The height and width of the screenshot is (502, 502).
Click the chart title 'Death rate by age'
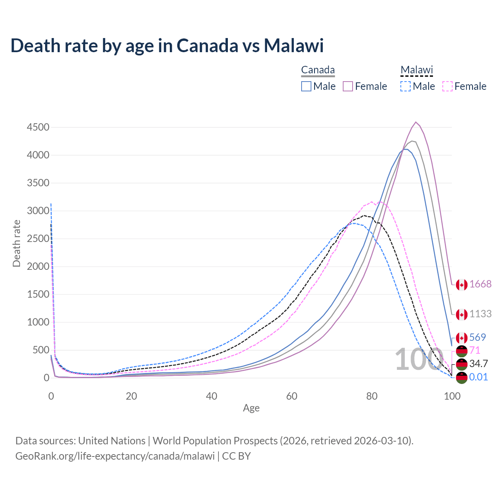pyautogui.click(x=167, y=45)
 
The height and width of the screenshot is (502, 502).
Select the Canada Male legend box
pyautogui.click(x=306, y=86)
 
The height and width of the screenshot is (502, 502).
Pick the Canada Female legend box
pyautogui.click(x=348, y=86)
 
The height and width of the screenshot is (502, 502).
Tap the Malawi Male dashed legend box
pyautogui.click(x=406, y=86)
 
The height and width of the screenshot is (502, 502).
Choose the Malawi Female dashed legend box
pyautogui.click(x=447, y=86)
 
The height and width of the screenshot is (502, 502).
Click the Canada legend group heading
pyautogui.click(x=318, y=70)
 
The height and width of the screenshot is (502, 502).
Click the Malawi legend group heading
pyautogui.click(x=417, y=70)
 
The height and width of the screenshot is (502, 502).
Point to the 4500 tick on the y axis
pyautogui.click(x=38, y=127)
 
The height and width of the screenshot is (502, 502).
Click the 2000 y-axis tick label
pyautogui.click(x=38, y=267)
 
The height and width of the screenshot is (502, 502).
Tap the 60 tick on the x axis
pyautogui.click(x=292, y=396)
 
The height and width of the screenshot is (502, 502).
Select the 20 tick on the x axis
pyautogui.click(x=131, y=396)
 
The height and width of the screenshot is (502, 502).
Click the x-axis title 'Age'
pyautogui.click(x=251, y=408)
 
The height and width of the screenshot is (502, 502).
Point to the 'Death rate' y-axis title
pyautogui.click(x=16, y=243)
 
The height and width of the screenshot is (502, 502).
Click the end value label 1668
pyautogui.click(x=480, y=284)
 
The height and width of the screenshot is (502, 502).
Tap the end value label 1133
pyautogui.click(x=480, y=314)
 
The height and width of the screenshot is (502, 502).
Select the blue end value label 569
pyautogui.click(x=478, y=337)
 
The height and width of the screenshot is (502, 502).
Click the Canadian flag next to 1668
pyautogui.click(x=462, y=285)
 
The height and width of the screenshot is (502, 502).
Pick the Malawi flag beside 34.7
pyautogui.click(x=462, y=364)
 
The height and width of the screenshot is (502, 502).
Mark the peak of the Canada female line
pyautogui.click(x=416, y=122)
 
